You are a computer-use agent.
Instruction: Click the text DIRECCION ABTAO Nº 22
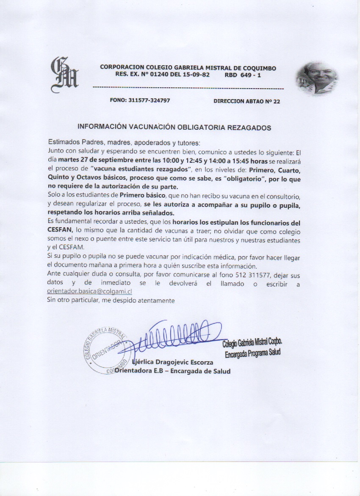246,101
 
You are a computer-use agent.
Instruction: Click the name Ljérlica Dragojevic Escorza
172,362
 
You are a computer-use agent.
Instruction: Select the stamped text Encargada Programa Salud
253,353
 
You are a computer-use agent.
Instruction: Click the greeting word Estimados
64,142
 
